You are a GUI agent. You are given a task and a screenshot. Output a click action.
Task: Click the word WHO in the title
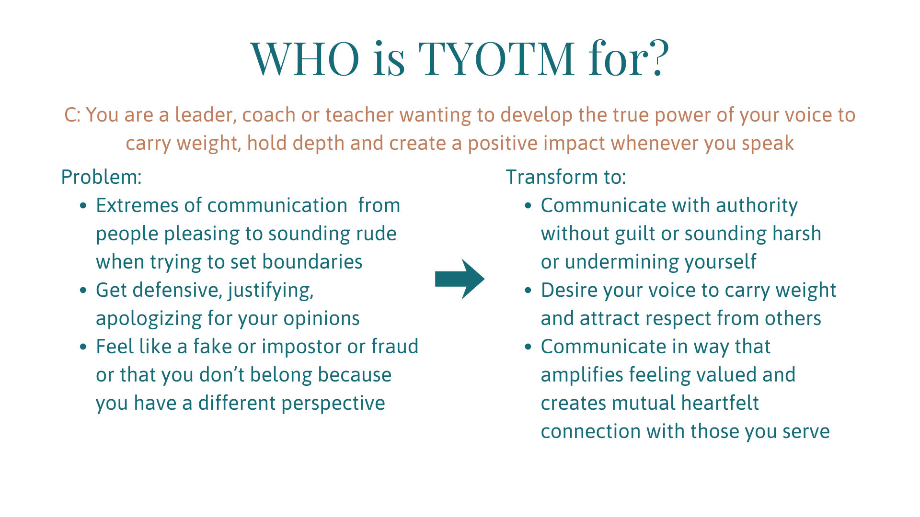point(305,58)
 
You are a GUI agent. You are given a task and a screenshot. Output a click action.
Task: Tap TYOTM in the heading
point(497,58)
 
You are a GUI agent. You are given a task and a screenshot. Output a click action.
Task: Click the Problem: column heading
point(102,177)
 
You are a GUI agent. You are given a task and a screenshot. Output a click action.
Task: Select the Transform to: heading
point(566,177)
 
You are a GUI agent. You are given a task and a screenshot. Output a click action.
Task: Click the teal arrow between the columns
point(460,279)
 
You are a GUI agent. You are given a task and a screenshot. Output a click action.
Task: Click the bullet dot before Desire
point(528,291)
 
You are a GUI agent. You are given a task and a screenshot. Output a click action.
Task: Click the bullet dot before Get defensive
point(83,291)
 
